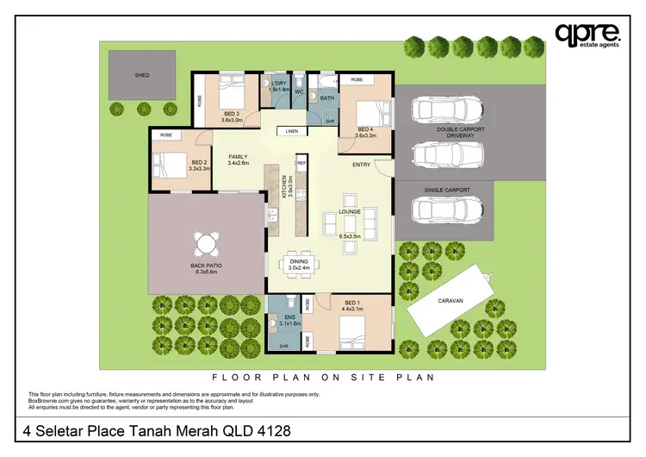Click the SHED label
[x=142, y=76]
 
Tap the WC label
[x=300, y=91]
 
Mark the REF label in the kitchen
[x=301, y=161]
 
